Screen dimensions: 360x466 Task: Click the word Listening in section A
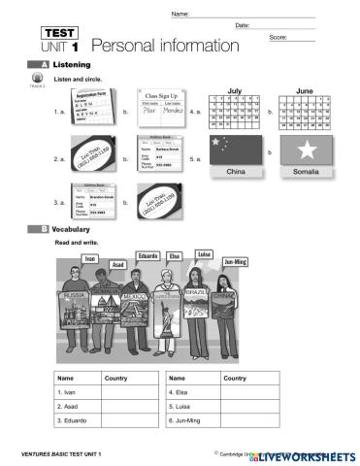point(72,64)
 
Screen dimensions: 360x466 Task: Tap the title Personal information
point(165,46)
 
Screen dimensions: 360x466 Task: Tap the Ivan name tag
point(90,259)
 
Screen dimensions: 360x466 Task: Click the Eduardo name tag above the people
point(147,255)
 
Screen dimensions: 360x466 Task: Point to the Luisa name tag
point(203,254)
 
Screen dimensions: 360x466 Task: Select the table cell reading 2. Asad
point(77,407)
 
